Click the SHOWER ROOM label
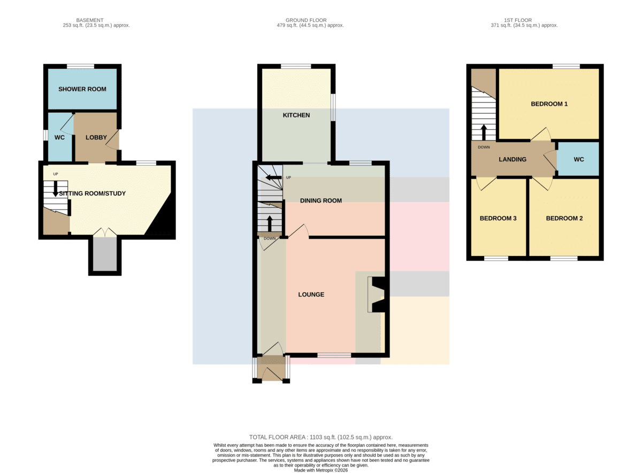tap(82, 89)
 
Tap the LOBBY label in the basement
tap(96, 137)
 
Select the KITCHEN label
tap(296, 115)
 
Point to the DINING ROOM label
tap(320, 200)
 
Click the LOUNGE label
tap(311, 294)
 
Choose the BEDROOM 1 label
tap(549, 104)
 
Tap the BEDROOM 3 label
tap(498, 218)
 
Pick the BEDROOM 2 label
tap(564, 218)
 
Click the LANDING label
tap(512, 159)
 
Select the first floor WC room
tap(578, 159)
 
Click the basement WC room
tap(60, 137)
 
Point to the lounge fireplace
tap(378, 294)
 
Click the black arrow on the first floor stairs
tap(484, 133)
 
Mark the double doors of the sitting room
tap(105, 232)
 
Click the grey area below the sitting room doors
tap(105, 254)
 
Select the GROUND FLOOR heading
tap(306, 20)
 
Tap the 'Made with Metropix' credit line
tap(320, 470)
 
